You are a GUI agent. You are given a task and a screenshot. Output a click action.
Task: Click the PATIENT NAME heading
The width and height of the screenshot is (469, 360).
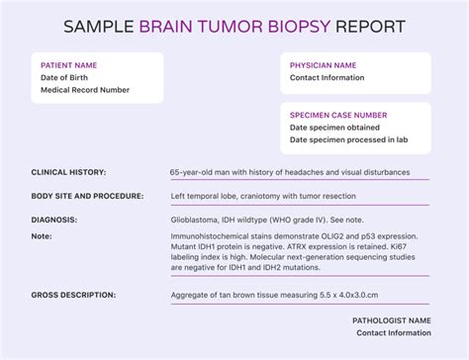pyautogui.click(x=70, y=65)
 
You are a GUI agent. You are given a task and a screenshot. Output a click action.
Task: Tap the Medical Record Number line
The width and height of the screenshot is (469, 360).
pyautogui.click(x=85, y=90)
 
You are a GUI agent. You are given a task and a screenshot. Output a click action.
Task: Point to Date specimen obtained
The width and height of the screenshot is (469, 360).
pyautogui.click(x=336, y=128)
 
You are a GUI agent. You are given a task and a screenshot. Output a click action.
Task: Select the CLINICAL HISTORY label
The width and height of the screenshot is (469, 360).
pyautogui.click(x=69, y=172)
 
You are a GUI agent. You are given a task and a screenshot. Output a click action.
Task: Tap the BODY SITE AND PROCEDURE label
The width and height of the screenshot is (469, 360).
pyautogui.click(x=88, y=196)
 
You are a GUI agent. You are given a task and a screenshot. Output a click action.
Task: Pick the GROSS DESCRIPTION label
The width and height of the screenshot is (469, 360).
pyautogui.click(x=73, y=295)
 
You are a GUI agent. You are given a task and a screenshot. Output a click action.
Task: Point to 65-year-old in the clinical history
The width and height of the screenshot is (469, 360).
pyautogui.click(x=191, y=172)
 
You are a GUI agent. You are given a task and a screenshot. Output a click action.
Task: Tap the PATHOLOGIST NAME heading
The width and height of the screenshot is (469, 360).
pyautogui.click(x=391, y=320)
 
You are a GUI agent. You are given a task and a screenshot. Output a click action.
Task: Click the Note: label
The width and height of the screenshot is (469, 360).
pyautogui.click(x=42, y=236)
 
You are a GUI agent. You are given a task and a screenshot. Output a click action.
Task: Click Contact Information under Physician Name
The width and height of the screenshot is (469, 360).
pyautogui.click(x=328, y=78)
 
